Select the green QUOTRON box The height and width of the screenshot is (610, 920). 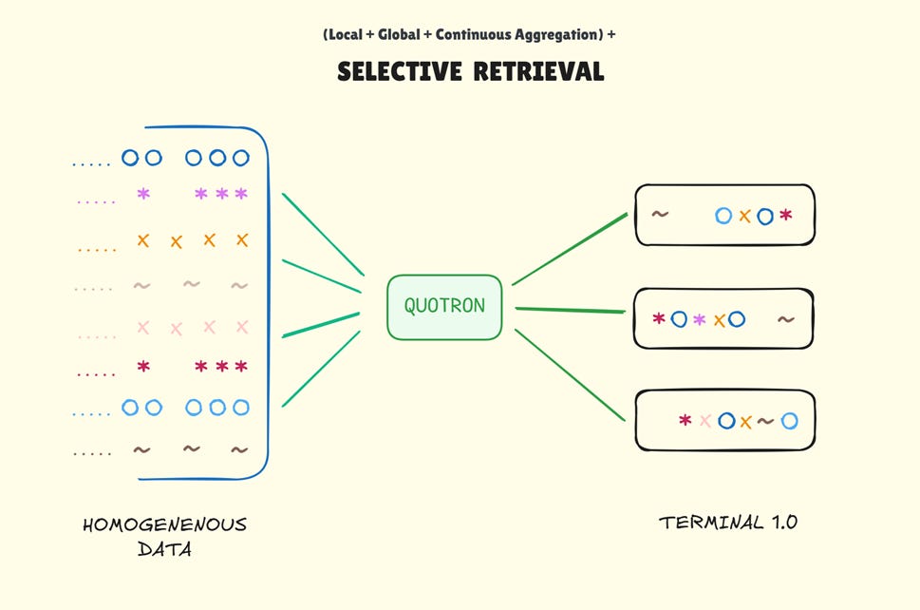[x=443, y=306]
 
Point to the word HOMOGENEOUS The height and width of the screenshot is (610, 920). [x=164, y=524]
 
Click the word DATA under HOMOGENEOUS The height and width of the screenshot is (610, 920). [x=164, y=548]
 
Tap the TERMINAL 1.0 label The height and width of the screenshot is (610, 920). [x=728, y=523]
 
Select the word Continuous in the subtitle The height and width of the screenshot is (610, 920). [x=470, y=35]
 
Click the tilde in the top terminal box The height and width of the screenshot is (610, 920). [x=659, y=214]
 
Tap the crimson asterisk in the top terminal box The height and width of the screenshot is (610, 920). [x=785, y=216]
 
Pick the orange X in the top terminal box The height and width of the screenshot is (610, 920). [x=744, y=216]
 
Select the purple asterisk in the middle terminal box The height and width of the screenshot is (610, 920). [x=700, y=319]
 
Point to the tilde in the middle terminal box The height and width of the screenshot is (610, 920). [x=785, y=319]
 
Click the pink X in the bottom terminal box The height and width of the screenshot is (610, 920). [x=705, y=420]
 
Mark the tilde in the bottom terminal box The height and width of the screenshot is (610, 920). [x=765, y=420]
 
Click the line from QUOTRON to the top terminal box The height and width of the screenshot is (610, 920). [x=570, y=249]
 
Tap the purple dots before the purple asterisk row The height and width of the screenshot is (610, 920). [x=95, y=201]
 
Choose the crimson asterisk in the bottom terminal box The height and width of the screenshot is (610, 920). [x=685, y=420]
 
